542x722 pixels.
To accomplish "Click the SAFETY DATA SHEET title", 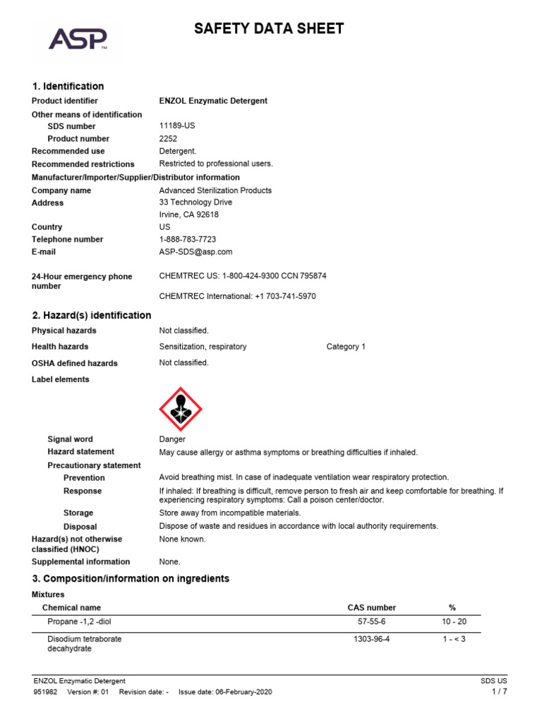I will coord(269,29).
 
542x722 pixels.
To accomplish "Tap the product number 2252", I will coord(169,139).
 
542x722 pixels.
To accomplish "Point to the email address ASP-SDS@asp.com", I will coord(195,252).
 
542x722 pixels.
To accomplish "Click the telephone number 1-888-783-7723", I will coord(188,240).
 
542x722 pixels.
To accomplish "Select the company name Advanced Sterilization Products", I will coord(215,190).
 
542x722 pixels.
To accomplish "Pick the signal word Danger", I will coord(173,439).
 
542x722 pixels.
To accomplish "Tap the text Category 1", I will coord(346,347).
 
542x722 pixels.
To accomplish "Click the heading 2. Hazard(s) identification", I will coord(92,315).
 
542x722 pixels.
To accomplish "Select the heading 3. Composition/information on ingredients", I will coord(131,579).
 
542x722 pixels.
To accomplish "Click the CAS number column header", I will coord(372,608).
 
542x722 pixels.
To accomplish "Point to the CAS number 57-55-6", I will coord(372,622).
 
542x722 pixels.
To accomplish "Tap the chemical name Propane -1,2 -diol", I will coord(80,622).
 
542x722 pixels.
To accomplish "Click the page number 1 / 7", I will coord(499,692).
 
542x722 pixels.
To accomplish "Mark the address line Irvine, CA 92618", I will coord(188,215).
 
